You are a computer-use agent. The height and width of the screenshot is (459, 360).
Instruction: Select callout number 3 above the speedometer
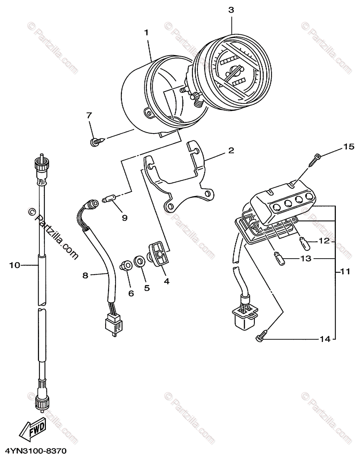231,10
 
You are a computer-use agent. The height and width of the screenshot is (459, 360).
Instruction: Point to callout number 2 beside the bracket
231,150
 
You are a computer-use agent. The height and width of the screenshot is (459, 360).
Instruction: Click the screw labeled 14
260,338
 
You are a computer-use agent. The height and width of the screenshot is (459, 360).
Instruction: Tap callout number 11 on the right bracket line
345,272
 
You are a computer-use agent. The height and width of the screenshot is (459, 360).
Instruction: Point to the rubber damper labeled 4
158,254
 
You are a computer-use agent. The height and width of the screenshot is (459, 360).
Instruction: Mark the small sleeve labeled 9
109,199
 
